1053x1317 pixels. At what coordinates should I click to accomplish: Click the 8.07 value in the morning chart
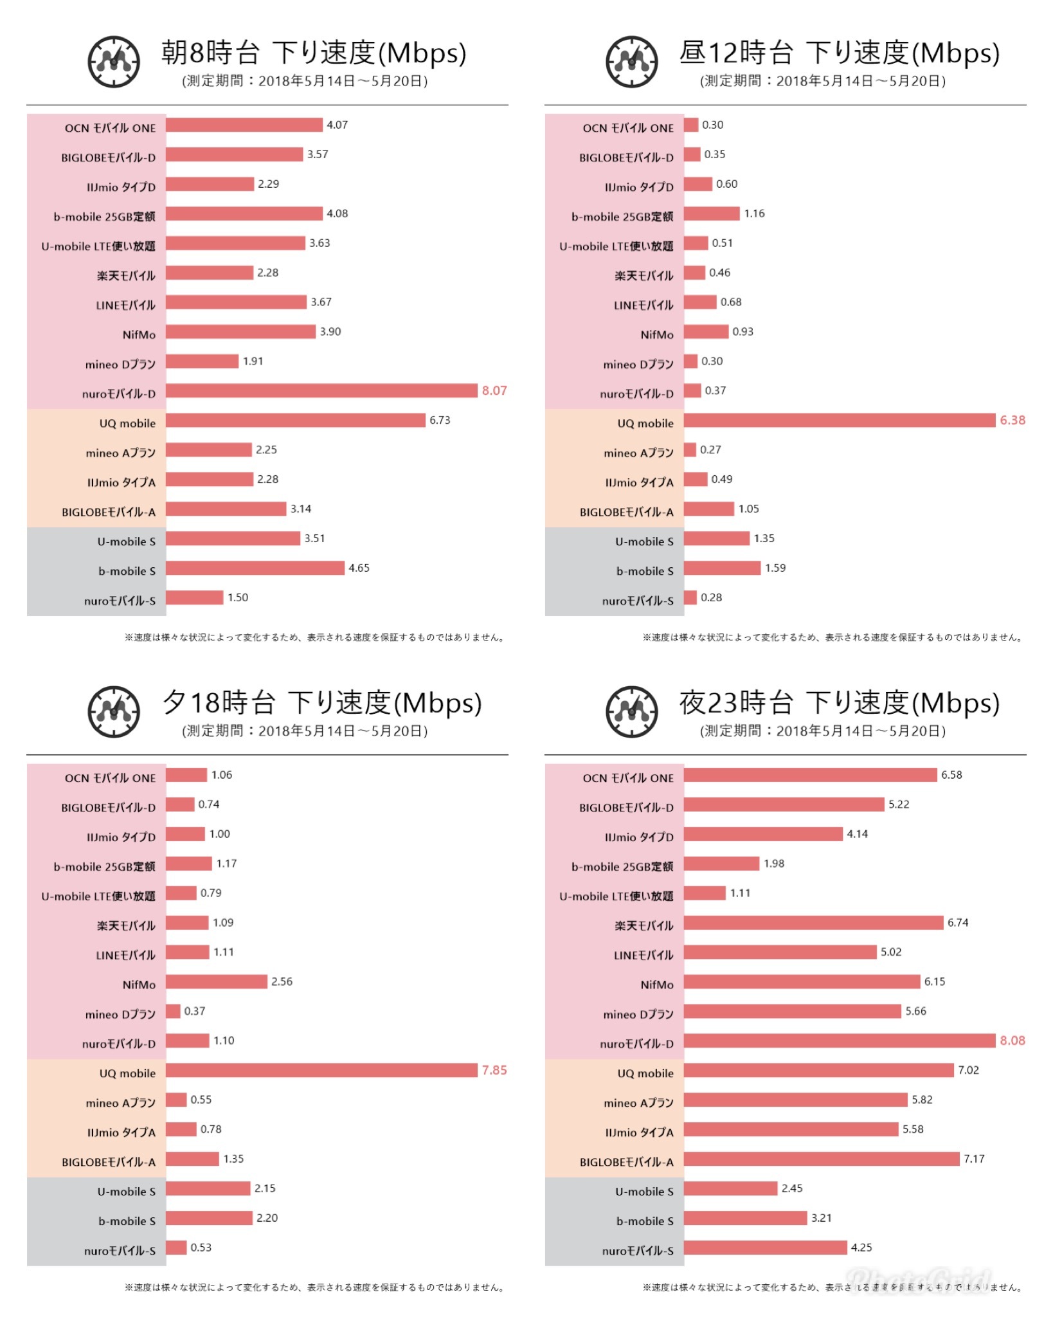[494, 391]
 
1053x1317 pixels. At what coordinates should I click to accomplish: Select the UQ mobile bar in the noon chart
[839, 421]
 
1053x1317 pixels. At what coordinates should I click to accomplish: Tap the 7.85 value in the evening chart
[494, 1071]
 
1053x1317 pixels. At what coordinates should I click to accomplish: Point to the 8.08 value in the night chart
[1013, 1041]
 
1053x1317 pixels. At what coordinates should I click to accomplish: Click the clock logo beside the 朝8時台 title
[114, 62]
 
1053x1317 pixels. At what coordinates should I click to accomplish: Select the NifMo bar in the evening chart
[217, 982]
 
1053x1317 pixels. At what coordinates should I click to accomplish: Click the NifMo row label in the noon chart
[657, 335]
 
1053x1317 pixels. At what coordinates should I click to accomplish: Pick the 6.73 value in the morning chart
[440, 421]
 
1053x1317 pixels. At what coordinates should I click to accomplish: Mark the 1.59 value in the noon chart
[775, 568]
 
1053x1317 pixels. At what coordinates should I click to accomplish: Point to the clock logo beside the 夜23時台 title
[632, 712]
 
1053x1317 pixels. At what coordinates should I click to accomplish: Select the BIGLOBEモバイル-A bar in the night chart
[822, 1159]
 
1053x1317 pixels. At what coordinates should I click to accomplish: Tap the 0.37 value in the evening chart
[195, 1012]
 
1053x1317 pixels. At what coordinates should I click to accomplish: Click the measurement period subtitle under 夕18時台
[305, 731]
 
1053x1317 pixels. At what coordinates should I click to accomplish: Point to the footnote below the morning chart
[315, 638]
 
